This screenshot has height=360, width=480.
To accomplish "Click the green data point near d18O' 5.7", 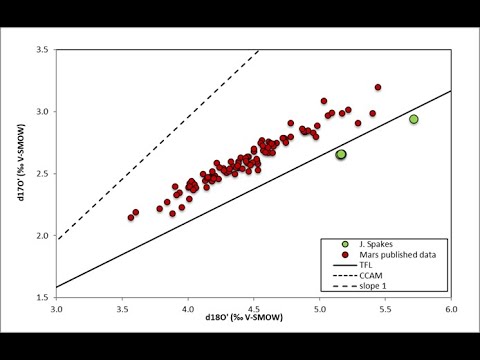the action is [x=414, y=119].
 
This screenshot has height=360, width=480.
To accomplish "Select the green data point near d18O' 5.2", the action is [x=341, y=154].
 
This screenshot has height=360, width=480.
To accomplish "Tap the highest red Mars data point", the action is [x=378, y=87].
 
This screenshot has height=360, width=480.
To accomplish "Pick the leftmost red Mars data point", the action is [x=131, y=217].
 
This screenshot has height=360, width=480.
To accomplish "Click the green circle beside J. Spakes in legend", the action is [x=345, y=244].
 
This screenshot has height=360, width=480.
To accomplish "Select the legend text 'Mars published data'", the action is [x=397, y=255].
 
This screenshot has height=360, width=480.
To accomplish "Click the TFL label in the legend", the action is [x=366, y=265].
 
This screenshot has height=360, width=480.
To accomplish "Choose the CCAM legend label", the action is [x=371, y=276].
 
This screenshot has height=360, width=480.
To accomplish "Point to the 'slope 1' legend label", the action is [x=373, y=286].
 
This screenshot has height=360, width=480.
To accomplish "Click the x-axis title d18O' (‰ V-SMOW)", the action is [x=244, y=317].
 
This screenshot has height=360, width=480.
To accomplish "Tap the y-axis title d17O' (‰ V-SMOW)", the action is [x=21, y=162].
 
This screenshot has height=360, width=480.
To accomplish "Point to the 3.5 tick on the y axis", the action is [x=43, y=50].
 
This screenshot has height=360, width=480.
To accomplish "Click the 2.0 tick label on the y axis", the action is [x=43, y=235].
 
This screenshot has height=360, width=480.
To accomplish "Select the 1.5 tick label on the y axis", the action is [x=43, y=297].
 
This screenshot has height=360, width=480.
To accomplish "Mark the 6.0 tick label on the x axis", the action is [x=451, y=309].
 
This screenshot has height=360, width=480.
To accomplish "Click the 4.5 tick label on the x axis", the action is [x=254, y=309].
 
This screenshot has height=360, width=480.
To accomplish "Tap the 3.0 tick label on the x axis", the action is [x=57, y=309].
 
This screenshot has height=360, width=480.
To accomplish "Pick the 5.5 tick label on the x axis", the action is [x=385, y=309].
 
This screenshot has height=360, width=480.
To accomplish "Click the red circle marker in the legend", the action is [x=345, y=255].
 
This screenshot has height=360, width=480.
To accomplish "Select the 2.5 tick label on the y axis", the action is [x=43, y=173].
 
